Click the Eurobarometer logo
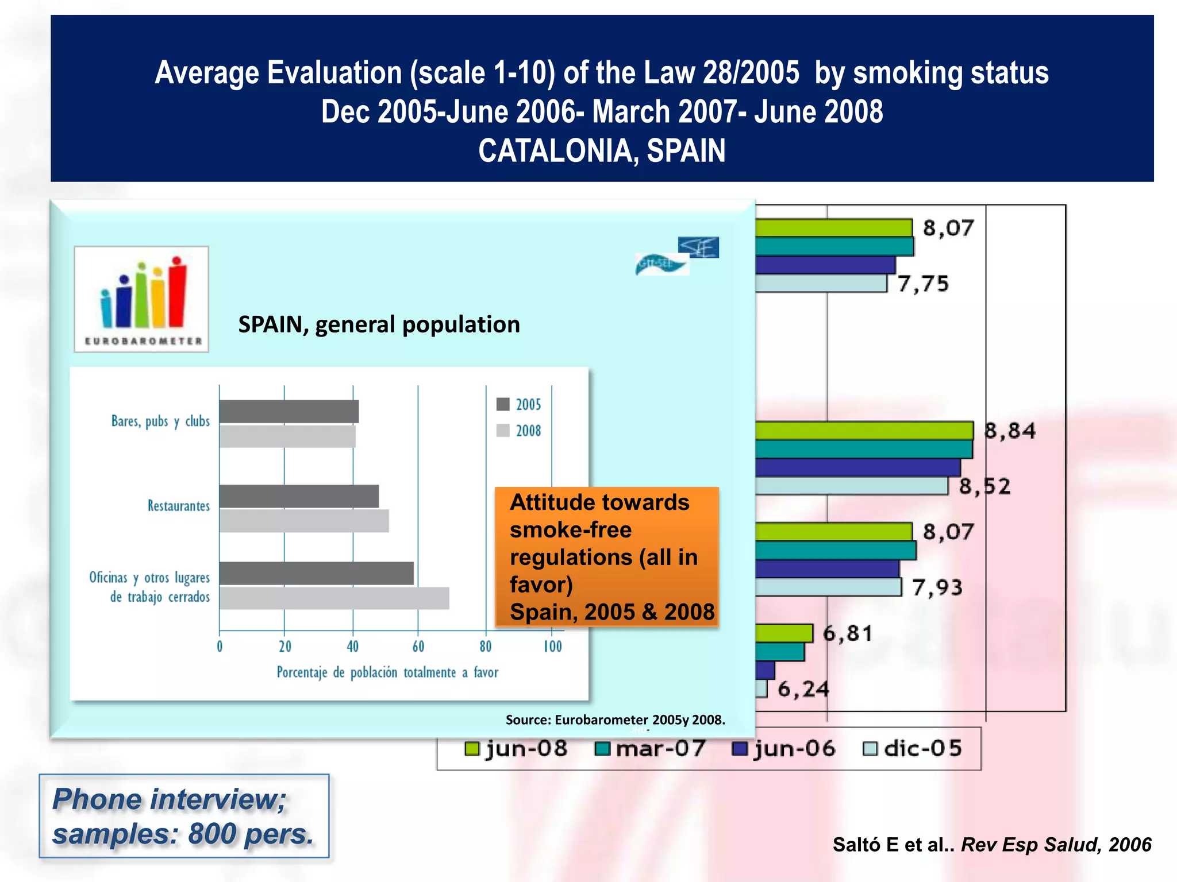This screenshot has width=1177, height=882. [x=141, y=299]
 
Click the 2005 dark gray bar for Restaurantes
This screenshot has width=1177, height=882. [x=299, y=496]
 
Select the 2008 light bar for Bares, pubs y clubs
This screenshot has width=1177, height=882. [x=287, y=436]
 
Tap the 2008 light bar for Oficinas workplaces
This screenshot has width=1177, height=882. [x=333, y=598]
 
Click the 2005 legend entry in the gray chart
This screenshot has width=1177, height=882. [x=518, y=404]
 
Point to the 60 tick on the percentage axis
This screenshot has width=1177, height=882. [x=418, y=647]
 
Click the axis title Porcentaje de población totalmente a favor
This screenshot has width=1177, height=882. [x=387, y=672]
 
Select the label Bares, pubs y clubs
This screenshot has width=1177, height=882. [x=160, y=421]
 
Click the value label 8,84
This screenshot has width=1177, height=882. [x=1010, y=431]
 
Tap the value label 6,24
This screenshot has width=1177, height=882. [x=803, y=688]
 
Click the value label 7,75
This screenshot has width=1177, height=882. [x=923, y=284]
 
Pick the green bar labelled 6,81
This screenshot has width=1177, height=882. [x=784, y=633]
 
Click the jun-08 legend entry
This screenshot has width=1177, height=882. [x=516, y=749]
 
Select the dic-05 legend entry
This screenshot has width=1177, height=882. [x=913, y=749]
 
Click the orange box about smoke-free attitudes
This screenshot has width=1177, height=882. [x=607, y=556]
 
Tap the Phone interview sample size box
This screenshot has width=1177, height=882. [x=184, y=816]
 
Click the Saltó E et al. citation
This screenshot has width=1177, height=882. [x=992, y=845]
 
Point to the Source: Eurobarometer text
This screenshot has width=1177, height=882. [x=615, y=720]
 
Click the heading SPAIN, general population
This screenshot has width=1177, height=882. [x=379, y=324]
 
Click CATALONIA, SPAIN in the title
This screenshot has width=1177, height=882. [x=602, y=150]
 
